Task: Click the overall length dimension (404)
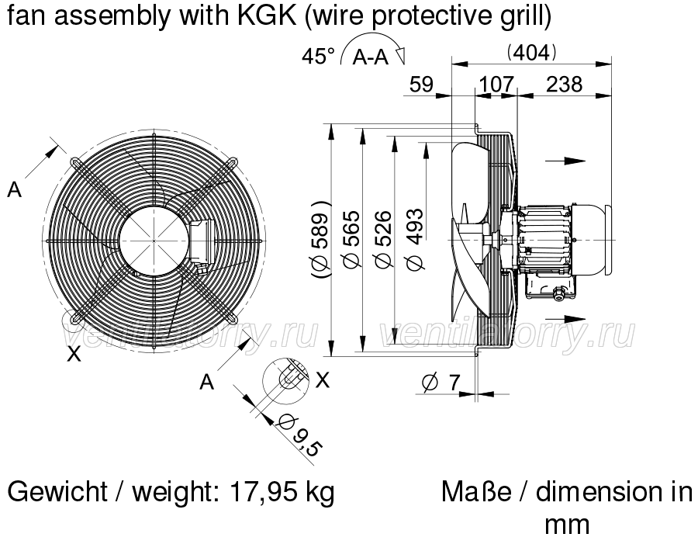tap(531, 53)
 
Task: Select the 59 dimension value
tap(421, 85)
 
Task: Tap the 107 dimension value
tap(496, 85)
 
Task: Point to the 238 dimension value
tap(564, 85)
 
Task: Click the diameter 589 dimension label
tap(320, 240)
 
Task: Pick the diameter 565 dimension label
tap(352, 240)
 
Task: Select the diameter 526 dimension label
tap(384, 240)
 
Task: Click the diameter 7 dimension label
tap(441, 383)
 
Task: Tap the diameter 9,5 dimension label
tap(299, 435)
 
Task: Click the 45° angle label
tap(318, 57)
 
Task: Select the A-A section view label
tap(371, 57)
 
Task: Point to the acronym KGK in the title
tap(267, 16)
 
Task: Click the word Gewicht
tap(57, 492)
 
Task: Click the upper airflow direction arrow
tap(565, 161)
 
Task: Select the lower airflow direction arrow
tap(565, 318)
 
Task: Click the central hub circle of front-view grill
tap(154, 241)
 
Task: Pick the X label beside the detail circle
tap(323, 380)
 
